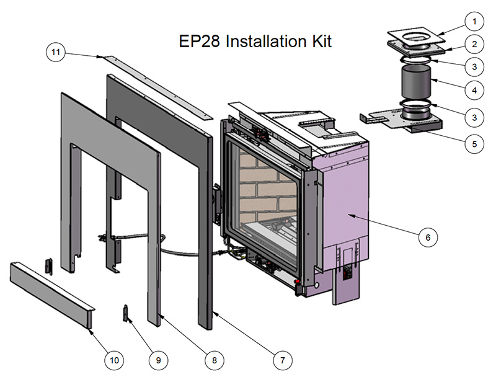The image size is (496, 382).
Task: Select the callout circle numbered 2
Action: point(474,44)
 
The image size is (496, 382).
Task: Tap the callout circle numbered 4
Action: point(474,90)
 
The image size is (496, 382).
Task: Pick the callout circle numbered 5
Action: point(474,144)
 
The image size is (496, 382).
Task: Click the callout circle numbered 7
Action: point(281,359)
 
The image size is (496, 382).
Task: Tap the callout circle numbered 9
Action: point(157,359)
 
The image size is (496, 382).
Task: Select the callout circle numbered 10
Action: point(115,359)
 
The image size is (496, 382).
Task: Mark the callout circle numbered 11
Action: point(56,53)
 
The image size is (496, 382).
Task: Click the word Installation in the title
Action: point(264,42)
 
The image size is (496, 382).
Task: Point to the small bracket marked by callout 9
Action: point(126,313)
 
